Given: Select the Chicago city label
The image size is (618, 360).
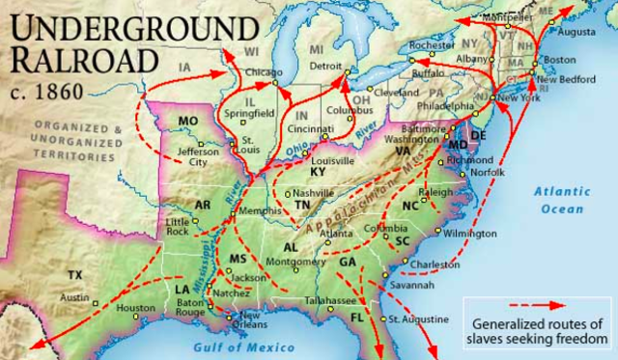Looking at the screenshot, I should (264, 72).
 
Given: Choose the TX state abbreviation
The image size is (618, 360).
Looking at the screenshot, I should (75, 276).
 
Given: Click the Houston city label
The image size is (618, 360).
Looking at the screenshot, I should (135, 309).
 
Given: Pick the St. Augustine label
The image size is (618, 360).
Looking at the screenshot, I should (418, 318).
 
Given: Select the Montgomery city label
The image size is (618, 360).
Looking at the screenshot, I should (293, 262).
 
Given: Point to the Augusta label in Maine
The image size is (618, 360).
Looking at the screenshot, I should (577, 31).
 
